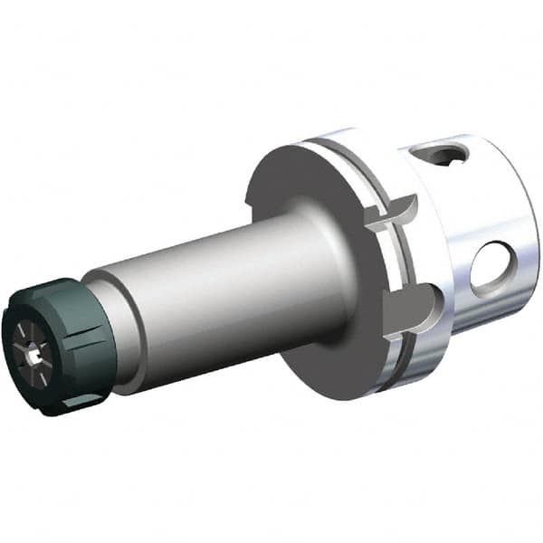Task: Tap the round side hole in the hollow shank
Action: pos(493,268)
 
